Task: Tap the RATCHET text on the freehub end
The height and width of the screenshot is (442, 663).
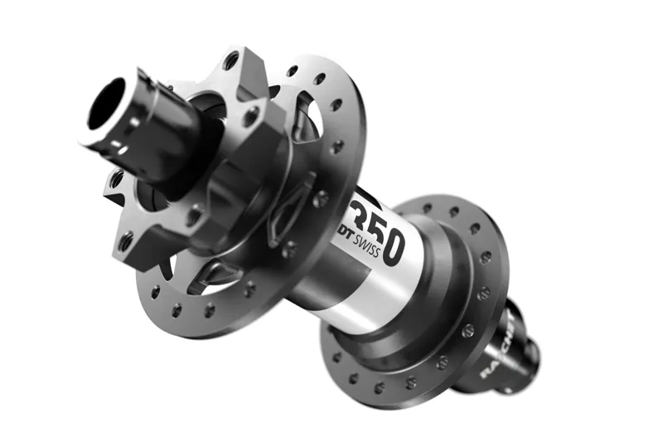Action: [x=497, y=343]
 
